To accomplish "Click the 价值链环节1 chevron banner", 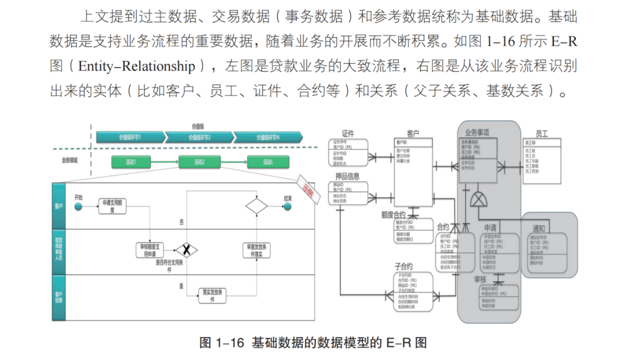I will [130, 138].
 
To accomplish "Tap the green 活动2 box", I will [199, 161].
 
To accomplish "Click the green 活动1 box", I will [131, 161].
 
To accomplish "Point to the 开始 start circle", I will [79, 206].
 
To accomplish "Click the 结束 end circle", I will [287, 206].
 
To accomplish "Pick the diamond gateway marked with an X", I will [186, 250].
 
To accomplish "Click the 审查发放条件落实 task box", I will [256, 250].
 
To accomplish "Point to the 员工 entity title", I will [541, 134].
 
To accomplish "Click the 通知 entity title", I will [538, 228].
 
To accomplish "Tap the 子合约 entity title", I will [403, 266].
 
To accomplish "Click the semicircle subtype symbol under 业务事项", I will [478, 201].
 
